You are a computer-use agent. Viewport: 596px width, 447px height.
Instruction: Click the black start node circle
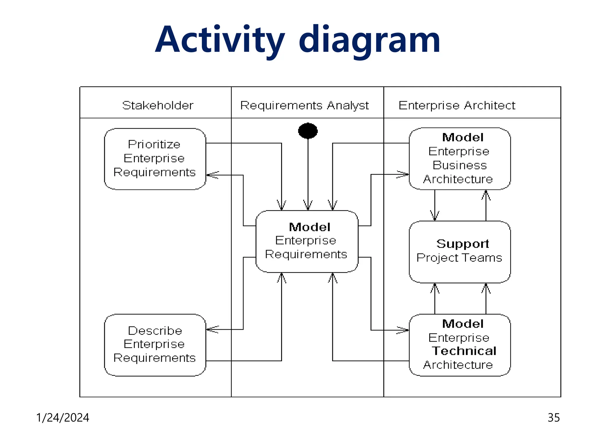tap(308, 131)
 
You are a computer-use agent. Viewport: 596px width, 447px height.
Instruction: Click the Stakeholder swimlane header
tap(157, 105)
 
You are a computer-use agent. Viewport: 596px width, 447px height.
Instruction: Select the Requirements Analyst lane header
tap(304, 105)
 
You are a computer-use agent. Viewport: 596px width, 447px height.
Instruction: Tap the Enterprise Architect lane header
tap(457, 105)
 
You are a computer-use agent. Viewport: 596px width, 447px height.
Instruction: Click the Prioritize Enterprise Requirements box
tap(155, 159)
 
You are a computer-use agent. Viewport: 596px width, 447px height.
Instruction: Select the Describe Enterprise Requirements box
tap(155, 345)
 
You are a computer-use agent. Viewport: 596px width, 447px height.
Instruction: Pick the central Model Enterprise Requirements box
tap(307, 241)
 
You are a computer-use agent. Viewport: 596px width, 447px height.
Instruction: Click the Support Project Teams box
tap(460, 252)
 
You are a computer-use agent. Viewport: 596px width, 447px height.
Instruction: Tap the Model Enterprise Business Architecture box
tap(460, 159)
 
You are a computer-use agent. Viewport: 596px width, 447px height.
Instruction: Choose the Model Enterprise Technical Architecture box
tap(460, 345)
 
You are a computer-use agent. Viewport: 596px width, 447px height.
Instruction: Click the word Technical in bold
tap(464, 351)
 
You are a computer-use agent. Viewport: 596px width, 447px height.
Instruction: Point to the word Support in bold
tap(462, 244)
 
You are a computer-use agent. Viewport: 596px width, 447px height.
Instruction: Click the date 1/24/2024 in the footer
tap(63, 418)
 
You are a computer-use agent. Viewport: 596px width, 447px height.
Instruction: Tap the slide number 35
tap(554, 418)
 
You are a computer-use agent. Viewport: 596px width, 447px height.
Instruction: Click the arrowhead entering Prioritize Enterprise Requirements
tap(212, 175)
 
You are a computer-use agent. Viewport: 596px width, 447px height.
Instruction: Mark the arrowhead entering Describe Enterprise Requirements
tap(212, 329)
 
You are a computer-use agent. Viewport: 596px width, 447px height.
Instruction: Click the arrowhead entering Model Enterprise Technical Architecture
tap(403, 330)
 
